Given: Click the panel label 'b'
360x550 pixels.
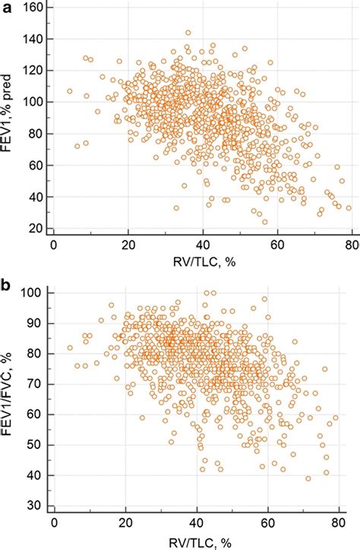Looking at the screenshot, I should [6, 267].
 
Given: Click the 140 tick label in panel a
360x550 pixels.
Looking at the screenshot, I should [33, 39].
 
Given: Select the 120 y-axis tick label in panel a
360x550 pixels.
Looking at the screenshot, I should [33, 70].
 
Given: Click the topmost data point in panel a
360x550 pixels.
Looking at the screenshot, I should [188, 33].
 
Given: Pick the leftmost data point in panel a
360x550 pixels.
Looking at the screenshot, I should [69, 91].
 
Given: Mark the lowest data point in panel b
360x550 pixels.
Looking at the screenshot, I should [308, 479].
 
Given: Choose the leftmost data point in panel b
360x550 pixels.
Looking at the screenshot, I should [70, 348].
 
